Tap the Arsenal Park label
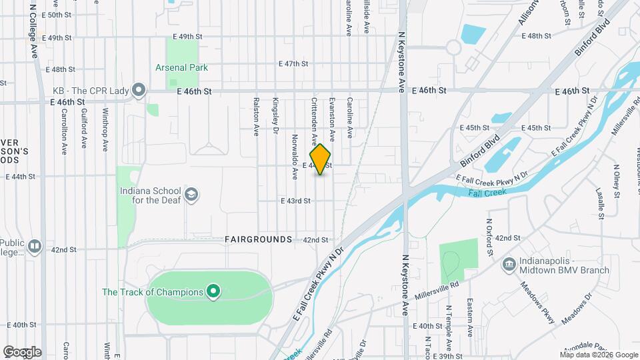181,67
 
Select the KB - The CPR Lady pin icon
139,90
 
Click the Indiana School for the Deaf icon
191,194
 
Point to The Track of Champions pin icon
213,291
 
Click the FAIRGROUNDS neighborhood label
258,239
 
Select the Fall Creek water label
487,192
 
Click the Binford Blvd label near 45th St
479,152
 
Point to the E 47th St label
293,64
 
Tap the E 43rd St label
295,201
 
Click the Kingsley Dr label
275,115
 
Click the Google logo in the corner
22,351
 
